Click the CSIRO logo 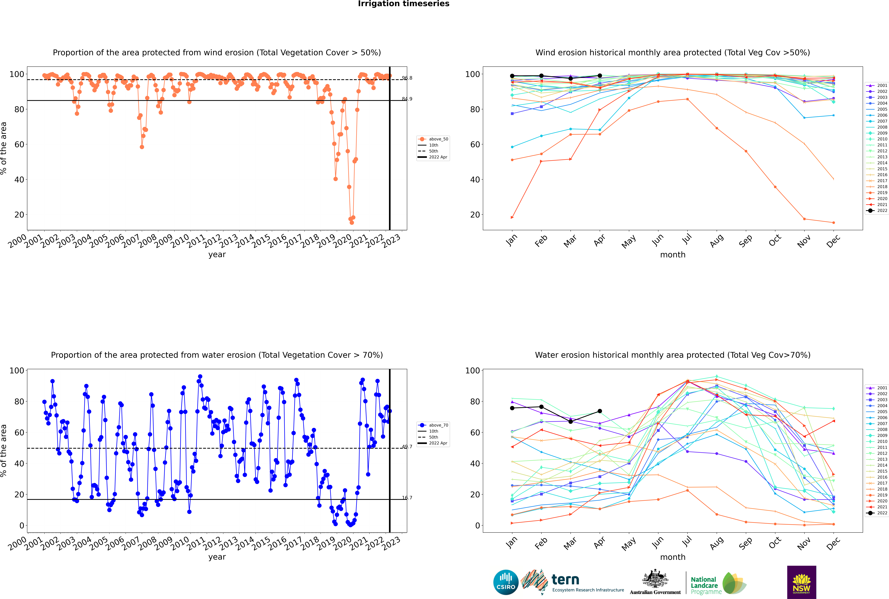coord(506,582)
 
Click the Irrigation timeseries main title coord(404,4)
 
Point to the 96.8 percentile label coord(407,78)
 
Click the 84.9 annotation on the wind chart coord(407,99)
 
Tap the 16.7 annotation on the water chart coord(407,498)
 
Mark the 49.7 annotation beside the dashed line coord(407,447)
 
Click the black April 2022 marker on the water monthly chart coord(600,411)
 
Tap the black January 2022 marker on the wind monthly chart coord(512,76)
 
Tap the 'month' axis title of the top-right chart coord(673,255)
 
